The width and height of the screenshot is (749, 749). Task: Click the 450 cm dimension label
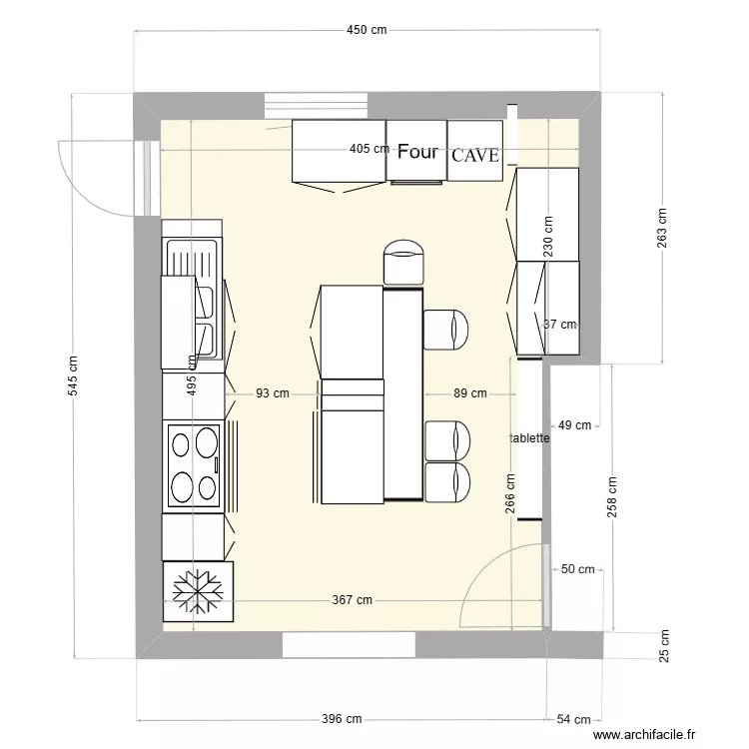(x=367, y=30)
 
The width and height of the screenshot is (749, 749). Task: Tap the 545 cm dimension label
(x=73, y=377)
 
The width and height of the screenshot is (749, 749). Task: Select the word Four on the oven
(x=417, y=152)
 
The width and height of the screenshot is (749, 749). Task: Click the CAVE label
(x=475, y=156)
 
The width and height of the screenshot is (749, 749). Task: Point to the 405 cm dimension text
(x=370, y=150)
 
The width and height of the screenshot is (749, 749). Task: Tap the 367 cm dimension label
(x=353, y=600)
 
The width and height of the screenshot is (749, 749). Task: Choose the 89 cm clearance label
(x=470, y=393)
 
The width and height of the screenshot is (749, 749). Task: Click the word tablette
(x=529, y=437)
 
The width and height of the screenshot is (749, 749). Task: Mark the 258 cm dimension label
(x=612, y=495)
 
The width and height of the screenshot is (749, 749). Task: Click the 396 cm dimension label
(x=342, y=719)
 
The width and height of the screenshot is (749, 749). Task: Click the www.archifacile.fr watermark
(x=644, y=735)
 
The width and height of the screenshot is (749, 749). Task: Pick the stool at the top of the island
(x=404, y=262)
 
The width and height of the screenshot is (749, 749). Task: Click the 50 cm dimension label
(x=577, y=569)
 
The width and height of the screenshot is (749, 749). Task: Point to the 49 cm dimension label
(x=574, y=425)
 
